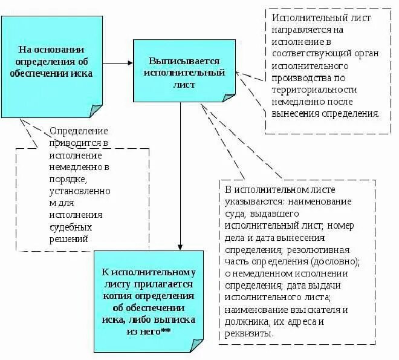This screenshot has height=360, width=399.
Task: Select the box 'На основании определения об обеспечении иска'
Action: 51,65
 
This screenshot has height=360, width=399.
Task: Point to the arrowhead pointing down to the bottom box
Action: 180,246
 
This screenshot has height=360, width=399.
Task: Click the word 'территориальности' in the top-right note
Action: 314,89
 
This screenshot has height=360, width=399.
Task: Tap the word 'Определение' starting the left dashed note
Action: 79,131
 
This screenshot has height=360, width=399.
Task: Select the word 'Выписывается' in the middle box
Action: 184,62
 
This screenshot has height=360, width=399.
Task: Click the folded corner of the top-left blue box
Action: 96,110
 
